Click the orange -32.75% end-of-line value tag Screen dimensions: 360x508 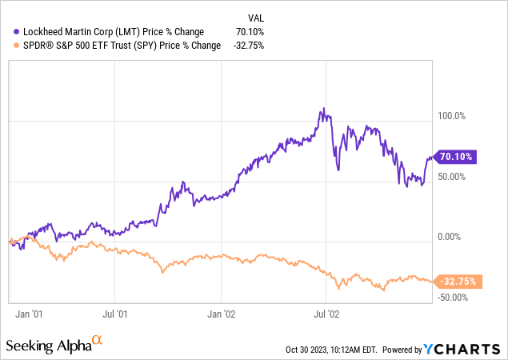[458, 282]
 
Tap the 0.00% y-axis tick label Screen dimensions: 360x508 [452, 237]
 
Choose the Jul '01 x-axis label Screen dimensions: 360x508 [118, 314]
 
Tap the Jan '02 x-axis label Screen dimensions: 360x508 [222, 314]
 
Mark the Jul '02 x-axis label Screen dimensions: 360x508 [325, 314]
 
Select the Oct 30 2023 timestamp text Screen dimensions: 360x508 [331, 350]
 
